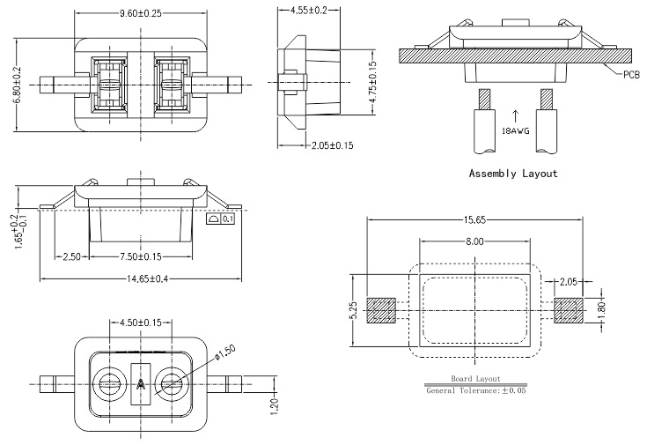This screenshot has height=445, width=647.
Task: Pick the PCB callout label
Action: coord(630,75)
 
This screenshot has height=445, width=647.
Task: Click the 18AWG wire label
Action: coord(515,130)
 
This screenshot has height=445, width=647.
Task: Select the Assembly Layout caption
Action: coord(513,174)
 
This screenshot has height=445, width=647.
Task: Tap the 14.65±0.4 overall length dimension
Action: coord(141,279)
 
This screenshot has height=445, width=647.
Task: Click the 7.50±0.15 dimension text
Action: coord(140,256)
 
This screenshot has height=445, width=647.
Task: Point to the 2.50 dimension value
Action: coord(72,256)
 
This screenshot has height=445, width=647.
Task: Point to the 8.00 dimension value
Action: coord(475,242)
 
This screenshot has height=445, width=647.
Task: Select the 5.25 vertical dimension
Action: coord(353,311)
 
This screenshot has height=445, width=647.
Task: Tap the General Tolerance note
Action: coord(475,389)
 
